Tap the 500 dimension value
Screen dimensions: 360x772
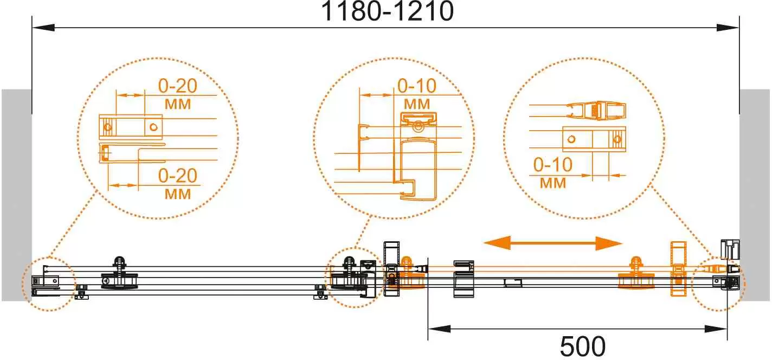click(583, 346)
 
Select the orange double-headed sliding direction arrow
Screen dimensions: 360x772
click(552, 243)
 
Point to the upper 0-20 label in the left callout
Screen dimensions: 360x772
click(178, 86)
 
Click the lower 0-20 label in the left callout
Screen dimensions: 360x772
click(178, 176)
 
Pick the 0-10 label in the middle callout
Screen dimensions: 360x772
click(417, 86)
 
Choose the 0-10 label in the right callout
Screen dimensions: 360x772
click(553, 165)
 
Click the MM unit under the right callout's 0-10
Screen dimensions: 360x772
click(553, 183)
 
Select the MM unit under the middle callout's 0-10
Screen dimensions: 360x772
click(417, 103)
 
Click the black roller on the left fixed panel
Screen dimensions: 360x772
click(119, 275)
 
